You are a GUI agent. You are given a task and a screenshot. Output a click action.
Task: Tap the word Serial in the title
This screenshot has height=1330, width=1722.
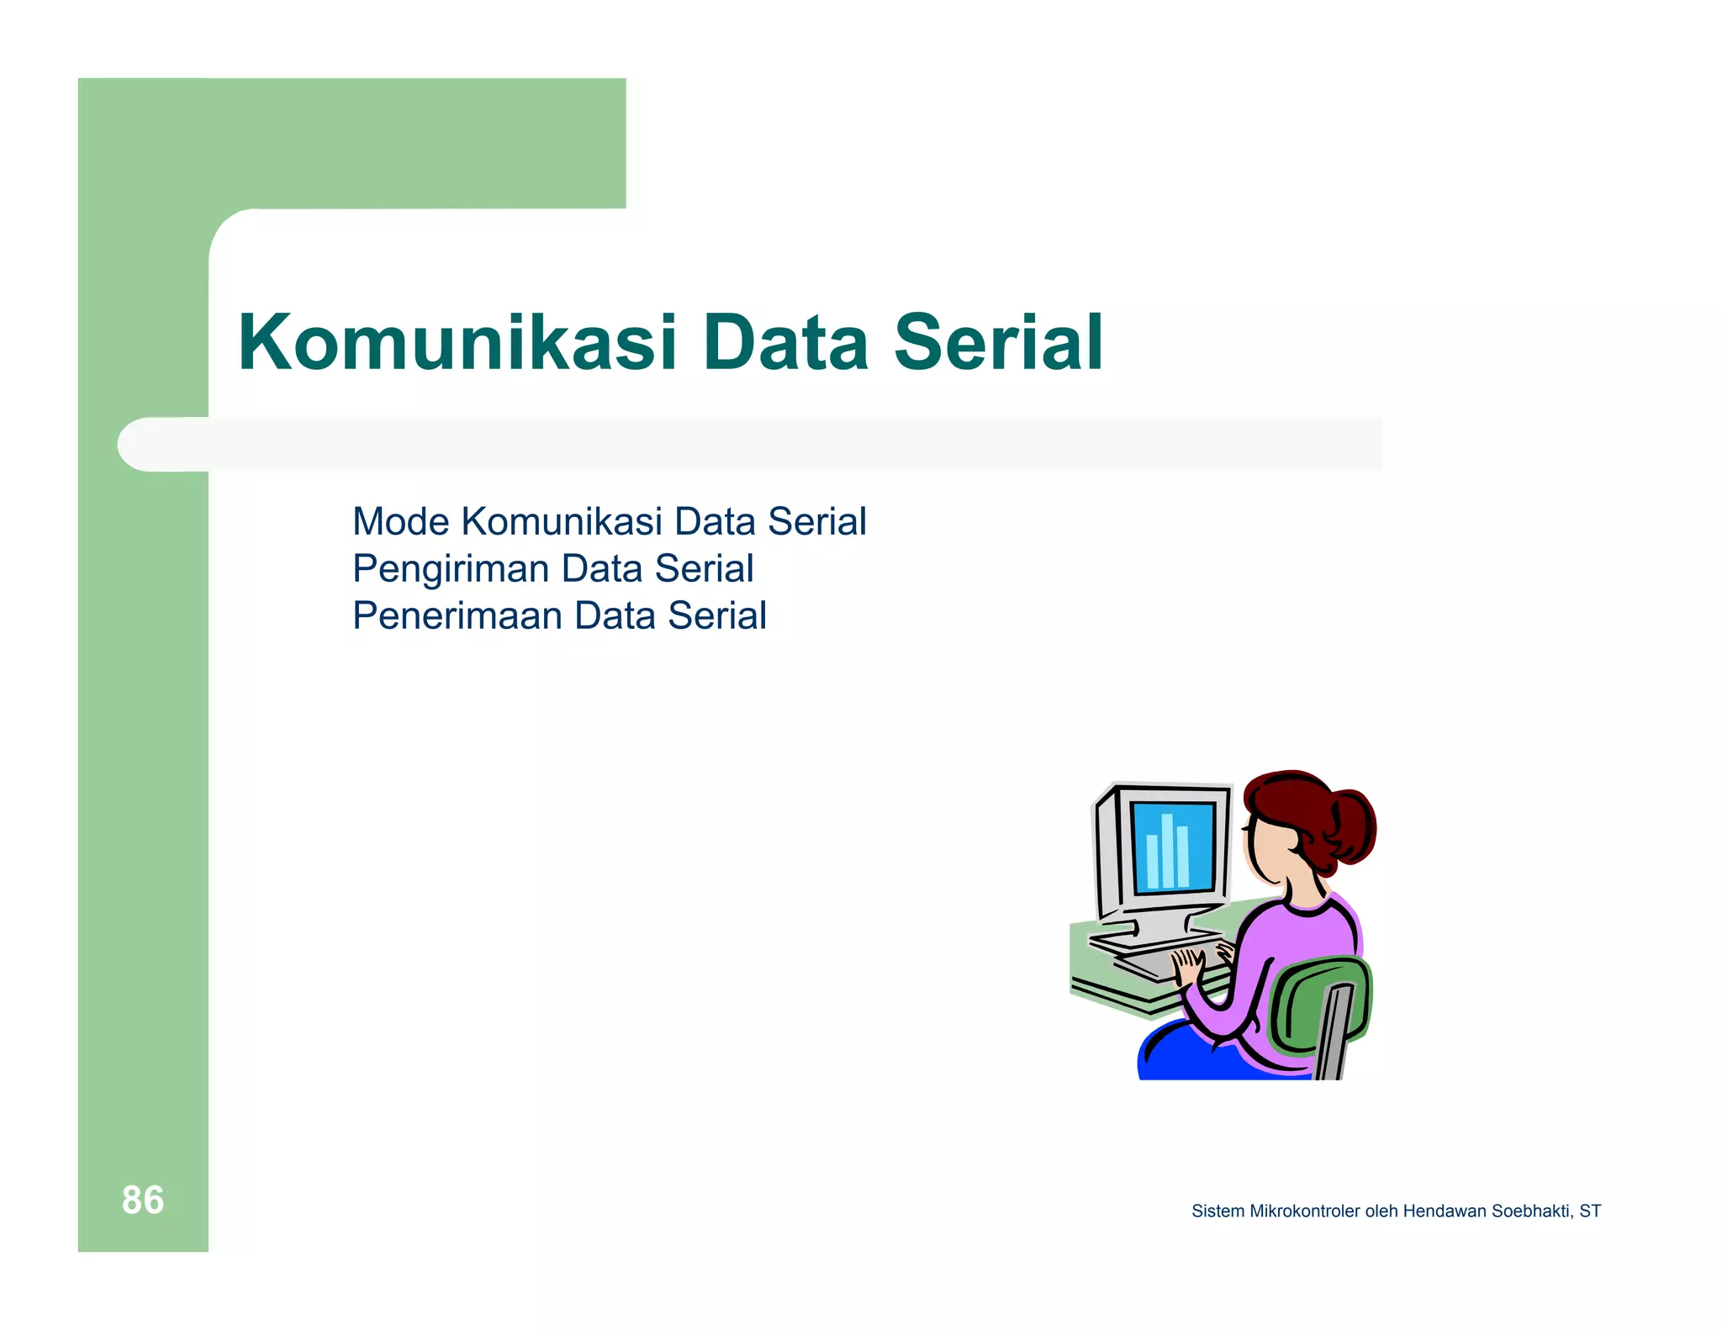997,343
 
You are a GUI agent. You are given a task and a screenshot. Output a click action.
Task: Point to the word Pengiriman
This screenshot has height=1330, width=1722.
450,570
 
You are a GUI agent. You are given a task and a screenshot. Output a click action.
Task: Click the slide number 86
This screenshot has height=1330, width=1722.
143,1200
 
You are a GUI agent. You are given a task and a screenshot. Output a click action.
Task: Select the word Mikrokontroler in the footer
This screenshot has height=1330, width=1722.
1304,1211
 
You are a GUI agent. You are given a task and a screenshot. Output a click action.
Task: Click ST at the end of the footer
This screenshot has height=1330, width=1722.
1590,1211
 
